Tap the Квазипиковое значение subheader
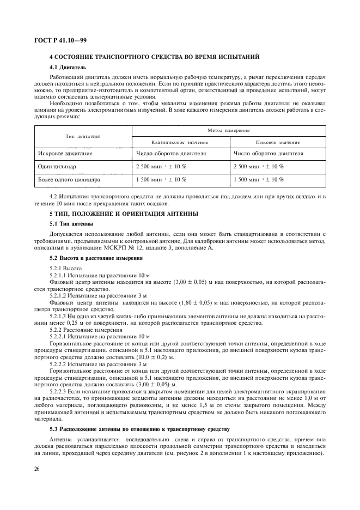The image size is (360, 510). (181, 142)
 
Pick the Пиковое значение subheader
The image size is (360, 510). (278, 142)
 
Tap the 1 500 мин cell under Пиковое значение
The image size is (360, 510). (258, 179)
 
